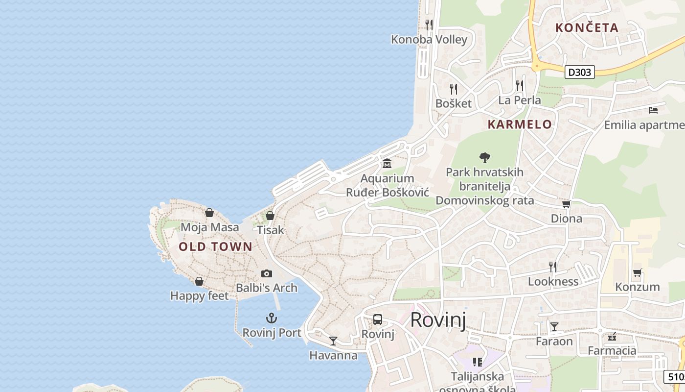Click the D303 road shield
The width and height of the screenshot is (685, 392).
(580, 72)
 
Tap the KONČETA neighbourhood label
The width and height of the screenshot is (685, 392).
(587, 28)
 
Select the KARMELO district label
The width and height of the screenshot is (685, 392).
(520, 124)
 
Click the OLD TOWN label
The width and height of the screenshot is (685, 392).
(215, 247)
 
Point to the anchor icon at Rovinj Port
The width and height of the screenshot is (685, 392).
(271, 318)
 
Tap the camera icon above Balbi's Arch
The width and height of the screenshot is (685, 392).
(266, 273)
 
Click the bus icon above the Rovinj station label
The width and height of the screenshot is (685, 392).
(378, 319)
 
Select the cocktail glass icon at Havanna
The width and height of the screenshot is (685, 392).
(333, 341)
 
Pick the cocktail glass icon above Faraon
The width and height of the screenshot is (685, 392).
(554, 327)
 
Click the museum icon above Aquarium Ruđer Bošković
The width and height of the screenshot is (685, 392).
(387, 163)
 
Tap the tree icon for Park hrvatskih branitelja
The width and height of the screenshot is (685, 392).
(485, 157)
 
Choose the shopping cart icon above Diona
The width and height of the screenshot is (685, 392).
(566, 204)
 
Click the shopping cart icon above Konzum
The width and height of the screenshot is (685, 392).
(637, 272)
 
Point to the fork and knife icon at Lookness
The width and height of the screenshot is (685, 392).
(553, 267)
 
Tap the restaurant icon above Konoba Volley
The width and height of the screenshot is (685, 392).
(429, 24)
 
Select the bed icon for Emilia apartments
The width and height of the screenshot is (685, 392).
(653, 110)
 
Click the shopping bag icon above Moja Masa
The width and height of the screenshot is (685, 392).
(209, 213)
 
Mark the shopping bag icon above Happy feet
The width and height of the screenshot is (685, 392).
(199, 281)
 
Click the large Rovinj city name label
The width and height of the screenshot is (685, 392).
(438, 320)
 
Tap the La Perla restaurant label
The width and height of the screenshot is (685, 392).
(520, 100)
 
